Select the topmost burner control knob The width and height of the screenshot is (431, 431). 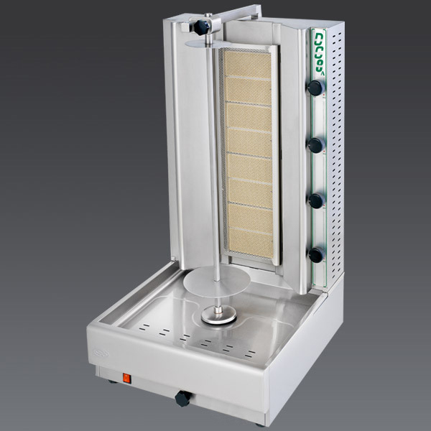tap(315, 88)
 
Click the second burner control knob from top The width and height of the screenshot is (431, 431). tap(315, 145)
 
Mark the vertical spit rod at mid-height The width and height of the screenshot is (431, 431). tap(215, 165)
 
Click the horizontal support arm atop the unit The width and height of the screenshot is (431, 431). tap(237, 10)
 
